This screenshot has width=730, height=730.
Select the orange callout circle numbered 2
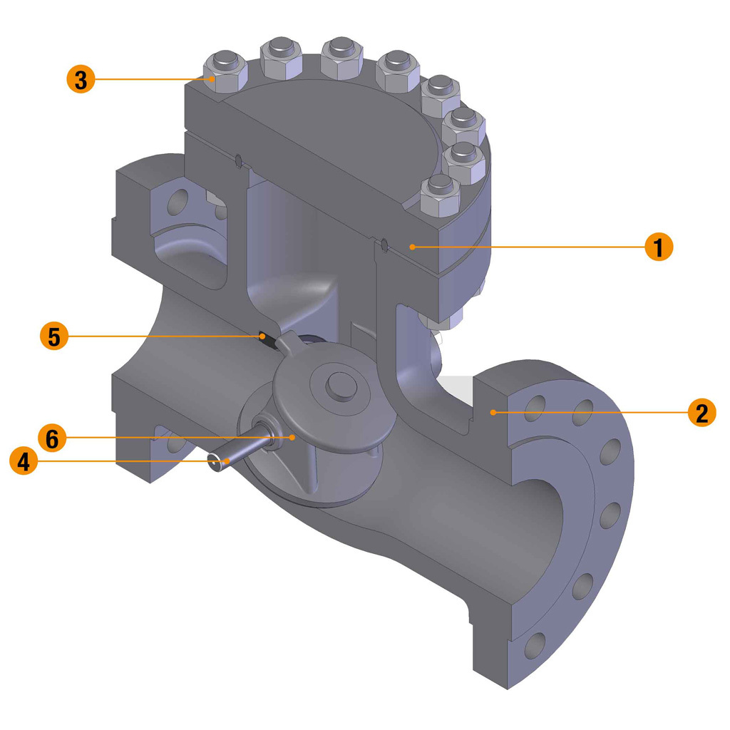point(701,412)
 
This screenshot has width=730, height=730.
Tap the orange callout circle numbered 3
point(81,79)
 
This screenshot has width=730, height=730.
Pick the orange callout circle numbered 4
point(24,461)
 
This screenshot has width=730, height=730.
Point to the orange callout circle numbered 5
point(54,336)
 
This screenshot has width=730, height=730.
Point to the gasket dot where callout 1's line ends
point(412,247)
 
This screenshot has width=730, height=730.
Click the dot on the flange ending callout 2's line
point(492,412)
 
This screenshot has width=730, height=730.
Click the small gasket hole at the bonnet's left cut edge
point(237,158)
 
